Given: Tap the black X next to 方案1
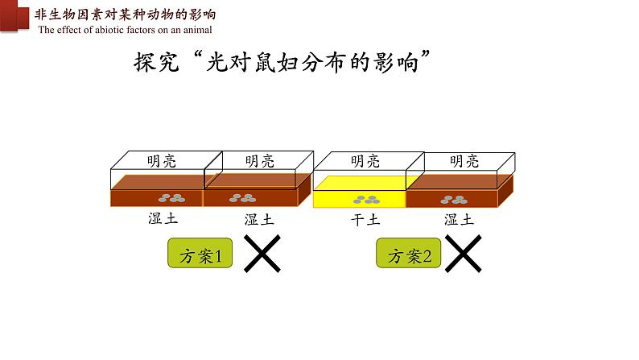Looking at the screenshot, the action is click(262, 256).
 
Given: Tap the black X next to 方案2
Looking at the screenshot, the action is click(463, 256).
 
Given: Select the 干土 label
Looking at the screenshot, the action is click(365, 219).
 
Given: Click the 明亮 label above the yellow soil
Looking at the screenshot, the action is click(365, 161).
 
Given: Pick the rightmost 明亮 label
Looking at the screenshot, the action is click(465, 161).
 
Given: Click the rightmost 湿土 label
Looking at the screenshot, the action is click(459, 219).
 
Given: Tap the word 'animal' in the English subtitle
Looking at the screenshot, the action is click(196, 30).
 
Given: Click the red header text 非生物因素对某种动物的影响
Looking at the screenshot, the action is click(125, 14).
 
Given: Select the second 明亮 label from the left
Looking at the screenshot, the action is click(260, 161).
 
